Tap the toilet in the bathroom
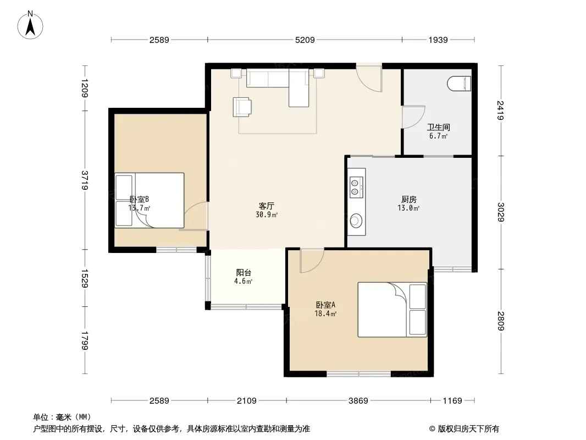(x=459, y=84)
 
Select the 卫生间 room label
(x=438, y=127)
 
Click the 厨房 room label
(x=408, y=199)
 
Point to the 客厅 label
(x=267, y=206)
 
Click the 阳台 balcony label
(x=244, y=272)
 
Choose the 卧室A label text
(x=325, y=305)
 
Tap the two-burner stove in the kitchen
(x=355, y=188)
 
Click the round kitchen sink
(x=356, y=220)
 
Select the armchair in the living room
(x=242, y=107)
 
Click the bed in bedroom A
(x=392, y=310)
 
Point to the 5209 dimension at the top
(x=305, y=40)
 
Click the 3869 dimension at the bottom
(x=358, y=401)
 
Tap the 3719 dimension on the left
(x=85, y=180)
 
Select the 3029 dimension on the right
(x=501, y=212)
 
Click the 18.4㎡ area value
(x=325, y=313)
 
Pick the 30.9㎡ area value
(x=267, y=215)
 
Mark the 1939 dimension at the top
(x=438, y=40)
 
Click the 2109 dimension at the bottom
(x=247, y=401)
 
